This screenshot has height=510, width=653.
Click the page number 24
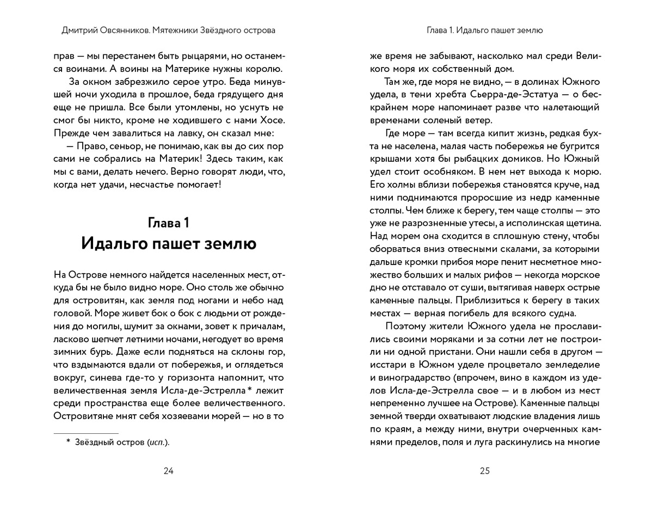coord(168,471)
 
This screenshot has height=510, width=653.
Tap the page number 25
coord(485,471)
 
